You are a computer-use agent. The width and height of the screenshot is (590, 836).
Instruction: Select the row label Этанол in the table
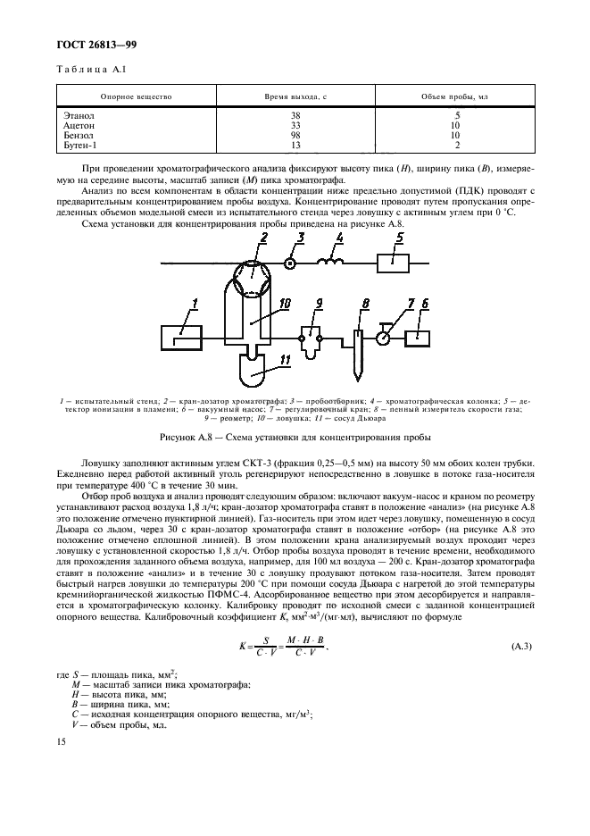pyautogui.click(x=79, y=115)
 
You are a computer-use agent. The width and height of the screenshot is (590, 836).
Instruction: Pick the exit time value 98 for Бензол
pyautogui.click(x=295, y=135)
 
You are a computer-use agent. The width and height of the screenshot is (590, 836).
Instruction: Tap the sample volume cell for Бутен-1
pyautogui.click(x=456, y=145)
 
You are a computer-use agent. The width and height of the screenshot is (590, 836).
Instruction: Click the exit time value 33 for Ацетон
pyautogui.click(x=295, y=125)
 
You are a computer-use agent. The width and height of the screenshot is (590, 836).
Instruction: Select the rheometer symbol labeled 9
pyautogui.click(x=312, y=340)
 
